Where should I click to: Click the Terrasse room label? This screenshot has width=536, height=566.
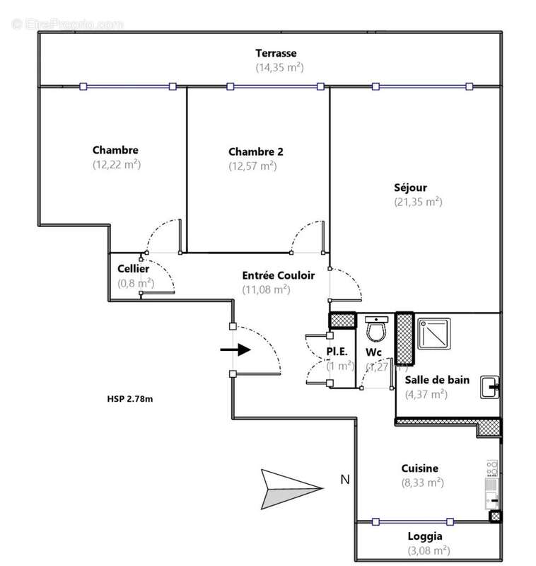(x=276, y=53)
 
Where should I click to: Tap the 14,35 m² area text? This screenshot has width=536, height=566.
(x=279, y=67)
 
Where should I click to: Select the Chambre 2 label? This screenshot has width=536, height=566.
(x=256, y=151)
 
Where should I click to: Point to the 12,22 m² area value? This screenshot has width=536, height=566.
(x=116, y=164)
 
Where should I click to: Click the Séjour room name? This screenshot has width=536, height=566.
(x=410, y=187)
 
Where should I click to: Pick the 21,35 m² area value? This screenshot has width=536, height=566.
(x=418, y=202)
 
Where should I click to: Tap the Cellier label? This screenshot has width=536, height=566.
(x=133, y=269)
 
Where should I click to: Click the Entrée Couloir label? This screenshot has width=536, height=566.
(x=278, y=275)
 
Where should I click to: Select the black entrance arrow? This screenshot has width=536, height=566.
(x=235, y=350)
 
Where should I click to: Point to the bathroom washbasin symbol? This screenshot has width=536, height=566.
(x=491, y=386)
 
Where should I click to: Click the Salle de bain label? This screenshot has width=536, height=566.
(x=437, y=380)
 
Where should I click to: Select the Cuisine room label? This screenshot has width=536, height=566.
(x=420, y=468)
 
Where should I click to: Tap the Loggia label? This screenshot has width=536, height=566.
(x=425, y=536)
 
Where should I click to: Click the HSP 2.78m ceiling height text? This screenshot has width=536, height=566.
(x=125, y=399)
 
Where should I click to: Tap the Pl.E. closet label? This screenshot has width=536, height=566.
(x=336, y=352)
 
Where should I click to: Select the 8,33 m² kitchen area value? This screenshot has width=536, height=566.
(x=422, y=483)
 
